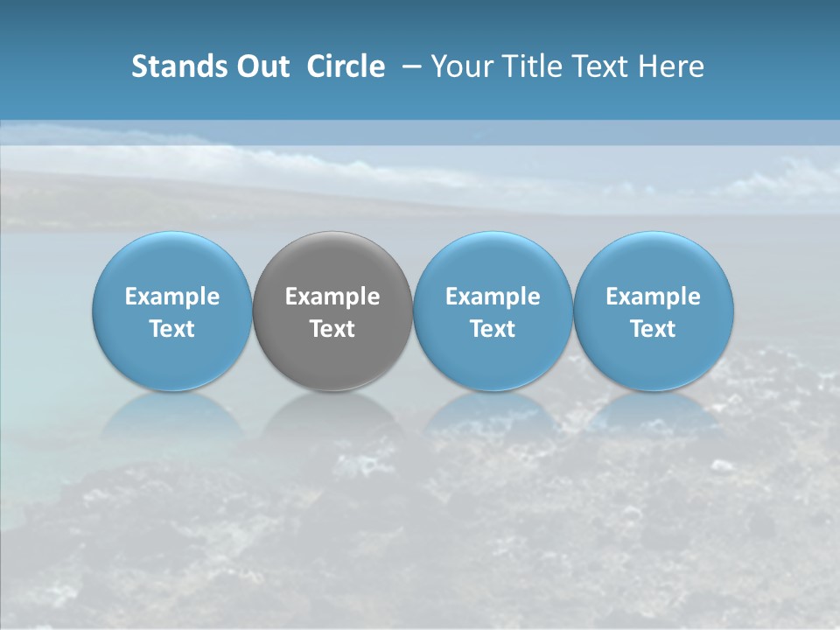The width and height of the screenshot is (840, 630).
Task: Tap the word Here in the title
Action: click(x=671, y=66)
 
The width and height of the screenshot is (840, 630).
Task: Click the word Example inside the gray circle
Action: click(x=332, y=297)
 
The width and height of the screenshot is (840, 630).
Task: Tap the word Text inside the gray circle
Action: click(x=332, y=329)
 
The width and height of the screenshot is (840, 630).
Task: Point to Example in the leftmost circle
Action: click(x=171, y=297)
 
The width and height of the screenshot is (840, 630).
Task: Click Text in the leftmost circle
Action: click(x=171, y=329)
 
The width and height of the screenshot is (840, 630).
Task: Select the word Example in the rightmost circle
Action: click(x=654, y=297)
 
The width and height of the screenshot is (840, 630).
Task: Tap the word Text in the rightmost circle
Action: click(x=654, y=329)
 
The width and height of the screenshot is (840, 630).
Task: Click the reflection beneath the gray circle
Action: click(x=332, y=415)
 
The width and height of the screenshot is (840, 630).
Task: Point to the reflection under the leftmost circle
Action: click(x=171, y=415)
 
